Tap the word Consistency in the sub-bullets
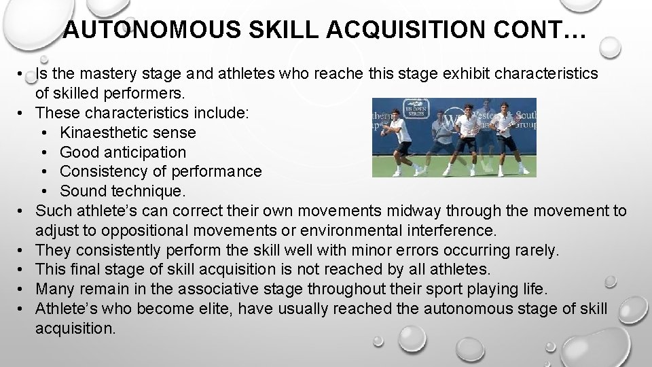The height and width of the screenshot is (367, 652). [x=101, y=172]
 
